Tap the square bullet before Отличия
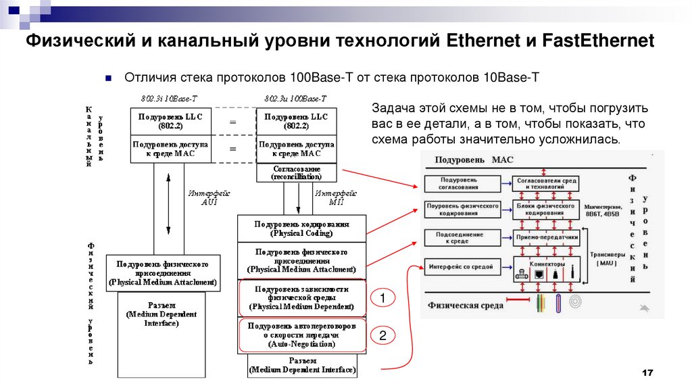tap(107, 78)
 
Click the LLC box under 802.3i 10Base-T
tap(170, 121)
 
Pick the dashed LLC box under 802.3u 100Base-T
tap(297, 121)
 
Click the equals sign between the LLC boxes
tap(232, 122)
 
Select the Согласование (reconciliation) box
tap(297, 172)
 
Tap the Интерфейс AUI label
tap(204, 197)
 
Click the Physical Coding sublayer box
tap(301, 228)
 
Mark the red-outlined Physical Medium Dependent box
tap(301, 297)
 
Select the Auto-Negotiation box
tap(301, 335)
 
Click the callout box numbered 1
tap(382, 297)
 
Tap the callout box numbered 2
tap(382, 335)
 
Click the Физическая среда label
tap(466, 306)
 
